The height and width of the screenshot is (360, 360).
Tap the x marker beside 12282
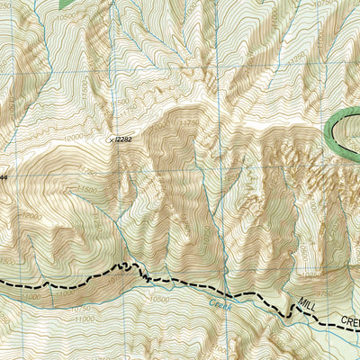click(112, 139)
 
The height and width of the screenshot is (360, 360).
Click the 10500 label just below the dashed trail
click(159, 299)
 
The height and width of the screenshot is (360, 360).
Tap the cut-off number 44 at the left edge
click(3, 177)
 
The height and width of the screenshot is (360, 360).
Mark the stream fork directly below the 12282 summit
click(118, 216)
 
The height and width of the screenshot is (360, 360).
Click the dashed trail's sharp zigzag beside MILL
click(290, 310)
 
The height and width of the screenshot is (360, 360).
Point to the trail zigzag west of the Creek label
click(135, 268)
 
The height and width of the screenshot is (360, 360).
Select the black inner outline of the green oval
click(340, 133)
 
